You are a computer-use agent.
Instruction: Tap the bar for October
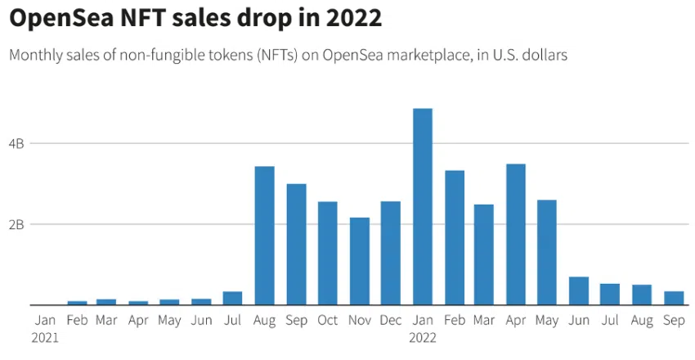(x=328, y=253)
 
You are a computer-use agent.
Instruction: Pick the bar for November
(x=360, y=261)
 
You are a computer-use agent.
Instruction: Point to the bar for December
(x=391, y=253)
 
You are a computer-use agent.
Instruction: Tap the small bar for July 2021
(x=233, y=298)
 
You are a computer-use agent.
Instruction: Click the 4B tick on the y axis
(x=16, y=143)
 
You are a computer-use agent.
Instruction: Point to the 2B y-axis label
(x=16, y=224)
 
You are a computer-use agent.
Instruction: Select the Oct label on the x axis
(x=328, y=320)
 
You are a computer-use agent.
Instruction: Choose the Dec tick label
(x=391, y=320)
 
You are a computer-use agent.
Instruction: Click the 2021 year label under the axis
(x=46, y=336)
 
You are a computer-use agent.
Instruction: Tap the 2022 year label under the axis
(x=423, y=336)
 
